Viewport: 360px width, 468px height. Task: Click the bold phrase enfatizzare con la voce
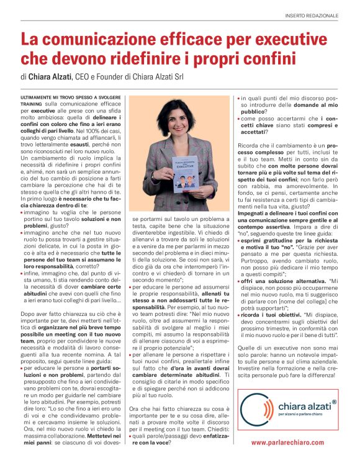[178, 441]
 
